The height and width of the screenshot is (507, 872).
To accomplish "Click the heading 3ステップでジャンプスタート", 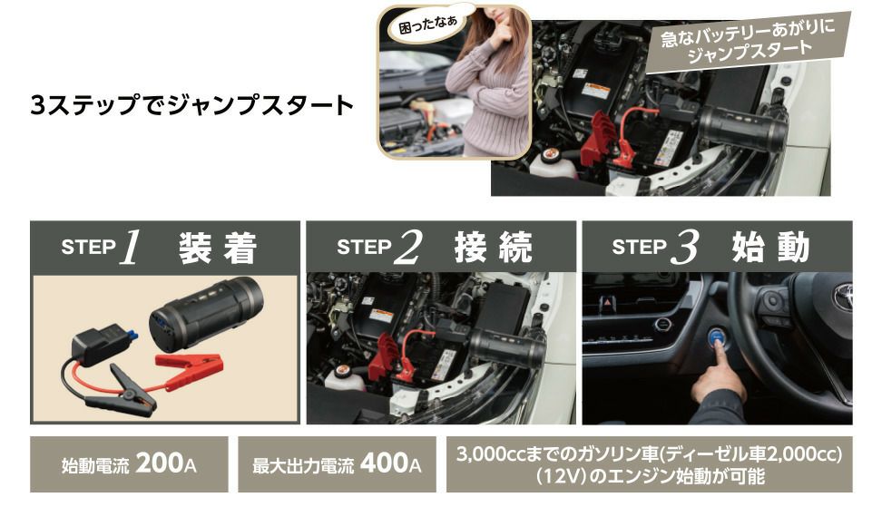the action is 191,105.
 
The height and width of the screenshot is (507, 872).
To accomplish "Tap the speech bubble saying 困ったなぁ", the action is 428,23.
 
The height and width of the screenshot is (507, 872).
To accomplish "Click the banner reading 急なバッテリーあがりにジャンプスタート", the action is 748,42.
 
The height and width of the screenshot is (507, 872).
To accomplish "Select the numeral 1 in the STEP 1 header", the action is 131,248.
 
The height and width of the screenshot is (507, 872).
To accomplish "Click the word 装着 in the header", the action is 218,248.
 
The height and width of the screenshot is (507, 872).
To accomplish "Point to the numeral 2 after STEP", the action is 408,248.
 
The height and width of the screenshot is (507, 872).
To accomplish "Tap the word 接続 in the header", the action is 494,248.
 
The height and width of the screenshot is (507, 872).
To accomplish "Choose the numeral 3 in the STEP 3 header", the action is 684,248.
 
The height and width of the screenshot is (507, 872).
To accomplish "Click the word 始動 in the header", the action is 769,248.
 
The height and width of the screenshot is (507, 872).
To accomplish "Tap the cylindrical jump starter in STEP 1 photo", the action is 206,313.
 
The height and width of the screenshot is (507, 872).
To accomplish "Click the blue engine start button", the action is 718,337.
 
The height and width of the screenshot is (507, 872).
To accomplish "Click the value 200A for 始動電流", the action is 166,463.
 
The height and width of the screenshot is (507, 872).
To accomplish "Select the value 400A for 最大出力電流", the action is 390,463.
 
